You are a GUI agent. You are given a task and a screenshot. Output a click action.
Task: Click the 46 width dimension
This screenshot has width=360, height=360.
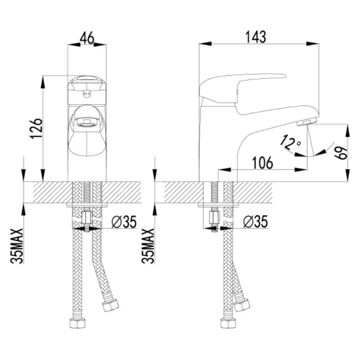[x=87, y=38]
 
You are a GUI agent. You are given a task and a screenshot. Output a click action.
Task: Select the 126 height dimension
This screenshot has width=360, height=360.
[x=36, y=129]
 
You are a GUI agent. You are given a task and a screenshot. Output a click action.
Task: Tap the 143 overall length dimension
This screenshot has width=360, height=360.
[x=256, y=37]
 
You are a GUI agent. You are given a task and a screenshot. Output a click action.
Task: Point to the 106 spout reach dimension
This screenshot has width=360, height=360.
[x=263, y=163]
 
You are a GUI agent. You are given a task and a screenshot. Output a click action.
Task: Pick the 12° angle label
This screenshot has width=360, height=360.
[x=290, y=143]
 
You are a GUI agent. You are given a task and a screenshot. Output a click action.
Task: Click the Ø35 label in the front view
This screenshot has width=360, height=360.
[x=124, y=222]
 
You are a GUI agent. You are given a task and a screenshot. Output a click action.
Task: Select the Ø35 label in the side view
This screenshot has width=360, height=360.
[x=256, y=222]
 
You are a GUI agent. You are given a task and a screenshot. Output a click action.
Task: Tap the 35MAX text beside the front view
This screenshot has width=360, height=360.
[x=17, y=246]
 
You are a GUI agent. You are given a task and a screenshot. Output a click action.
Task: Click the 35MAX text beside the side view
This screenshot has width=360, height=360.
[x=148, y=246]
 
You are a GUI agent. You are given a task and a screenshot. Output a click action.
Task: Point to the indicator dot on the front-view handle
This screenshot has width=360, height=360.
[x=87, y=94]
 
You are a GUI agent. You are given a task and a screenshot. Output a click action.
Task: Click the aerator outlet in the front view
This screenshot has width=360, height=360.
[x=87, y=122]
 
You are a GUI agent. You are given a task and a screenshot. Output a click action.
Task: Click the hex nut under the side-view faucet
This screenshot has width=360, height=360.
[x=215, y=218]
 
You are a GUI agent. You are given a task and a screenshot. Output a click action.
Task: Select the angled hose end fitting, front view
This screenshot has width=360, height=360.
[x=110, y=305]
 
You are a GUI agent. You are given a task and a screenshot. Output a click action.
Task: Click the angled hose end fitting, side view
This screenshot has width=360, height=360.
[x=242, y=305]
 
